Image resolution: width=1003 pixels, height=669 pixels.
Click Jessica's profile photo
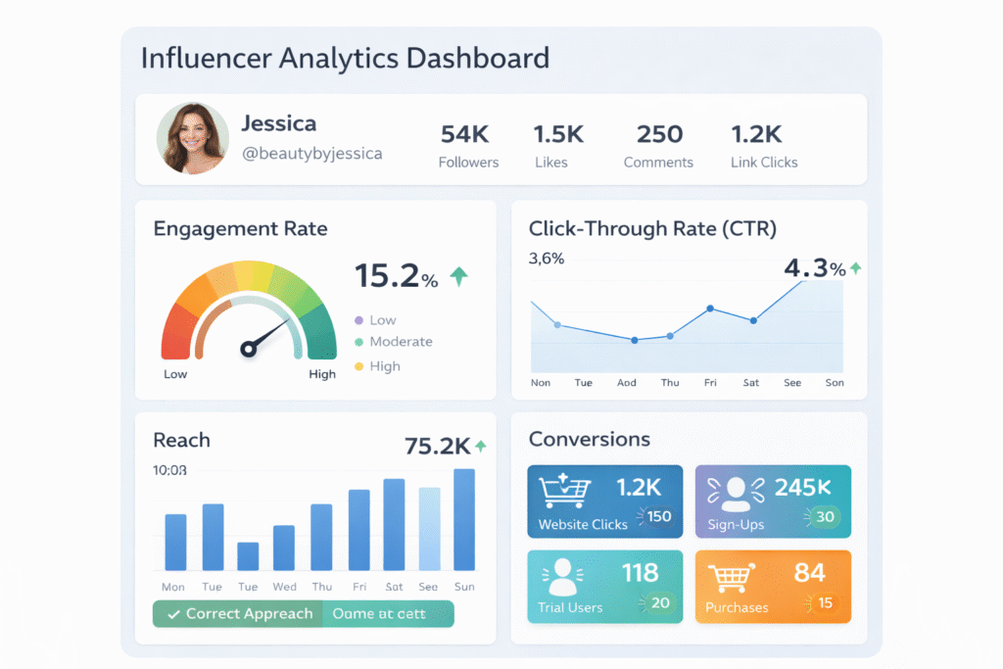point(192,139)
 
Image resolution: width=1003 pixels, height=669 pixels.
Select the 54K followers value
point(465,134)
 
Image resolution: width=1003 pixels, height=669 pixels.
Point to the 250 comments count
point(658,134)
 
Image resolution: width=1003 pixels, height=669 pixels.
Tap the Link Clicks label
point(764,163)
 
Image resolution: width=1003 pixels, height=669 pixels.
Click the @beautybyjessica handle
point(311,154)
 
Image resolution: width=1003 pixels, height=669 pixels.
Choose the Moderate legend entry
point(401,342)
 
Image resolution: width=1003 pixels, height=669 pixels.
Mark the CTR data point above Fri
point(710,309)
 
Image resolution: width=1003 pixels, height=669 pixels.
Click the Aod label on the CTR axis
point(627,383)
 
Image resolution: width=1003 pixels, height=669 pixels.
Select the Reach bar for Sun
point(464,519)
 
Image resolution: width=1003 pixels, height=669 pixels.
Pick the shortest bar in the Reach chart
point(248,555)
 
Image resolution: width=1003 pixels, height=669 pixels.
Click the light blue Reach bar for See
point(429,529)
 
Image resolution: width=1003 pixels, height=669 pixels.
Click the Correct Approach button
point(238,614)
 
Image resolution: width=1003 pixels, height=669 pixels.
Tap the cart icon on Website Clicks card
point(563,489)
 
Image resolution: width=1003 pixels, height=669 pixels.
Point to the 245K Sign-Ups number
point(802,486)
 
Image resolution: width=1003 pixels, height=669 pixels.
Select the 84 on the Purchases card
point(810,572)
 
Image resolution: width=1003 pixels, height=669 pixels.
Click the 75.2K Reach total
point(437,447)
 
